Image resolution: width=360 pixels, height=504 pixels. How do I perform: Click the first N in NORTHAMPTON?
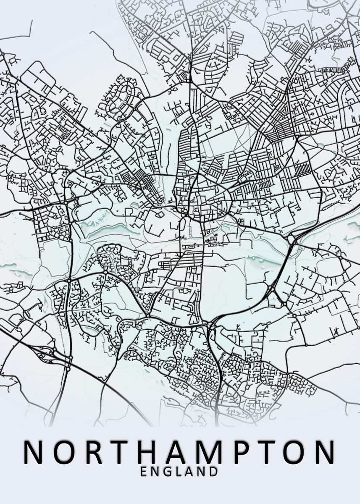click(x=34, y=452)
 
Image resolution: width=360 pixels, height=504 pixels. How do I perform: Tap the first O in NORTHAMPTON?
click(x=65, y=452)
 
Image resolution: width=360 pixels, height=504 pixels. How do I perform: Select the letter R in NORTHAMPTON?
click(x=93, y=452)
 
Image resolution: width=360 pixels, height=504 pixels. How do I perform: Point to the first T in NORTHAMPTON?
click(x=119, y=452)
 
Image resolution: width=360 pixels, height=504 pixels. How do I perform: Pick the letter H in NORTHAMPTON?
click(x=147, y=452)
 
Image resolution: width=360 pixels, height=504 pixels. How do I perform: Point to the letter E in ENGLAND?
click(x=144, y=472)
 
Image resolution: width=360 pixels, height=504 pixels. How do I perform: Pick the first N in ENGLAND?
click(x=155, y=472)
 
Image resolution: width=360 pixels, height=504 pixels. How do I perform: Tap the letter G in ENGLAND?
click(x=168, y=472)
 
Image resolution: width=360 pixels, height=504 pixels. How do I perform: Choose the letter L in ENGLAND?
click(x=179, y=472)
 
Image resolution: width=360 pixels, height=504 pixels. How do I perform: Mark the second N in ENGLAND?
click(x=202, y=472)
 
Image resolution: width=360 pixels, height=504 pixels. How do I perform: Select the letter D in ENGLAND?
click(x=214, y=472)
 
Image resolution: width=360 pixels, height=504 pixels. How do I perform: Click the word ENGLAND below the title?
click(x=179, y=472)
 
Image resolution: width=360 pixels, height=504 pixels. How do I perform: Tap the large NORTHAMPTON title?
click(x=180, y=452)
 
